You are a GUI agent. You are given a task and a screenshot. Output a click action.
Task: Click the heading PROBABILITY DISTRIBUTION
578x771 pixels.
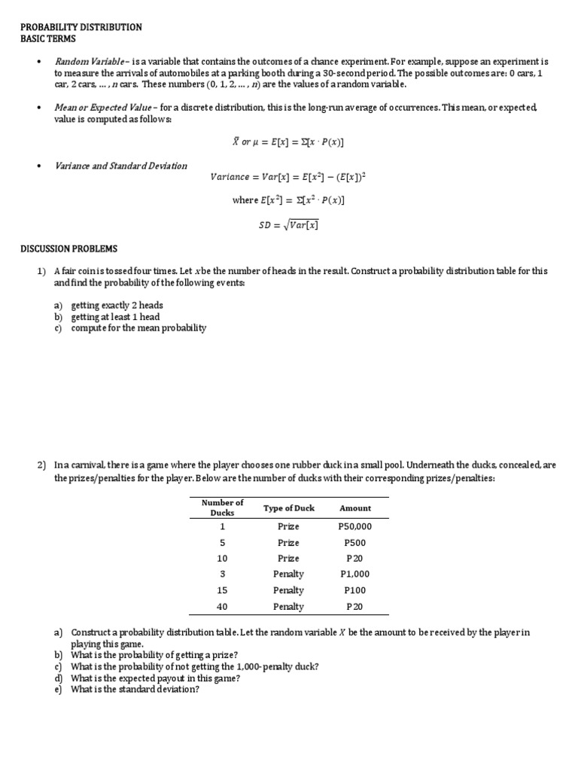pos(81,26)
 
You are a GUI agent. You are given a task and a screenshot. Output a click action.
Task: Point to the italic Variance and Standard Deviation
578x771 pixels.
pos(121,166)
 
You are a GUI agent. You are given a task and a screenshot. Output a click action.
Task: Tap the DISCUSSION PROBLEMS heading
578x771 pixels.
pos(68,249)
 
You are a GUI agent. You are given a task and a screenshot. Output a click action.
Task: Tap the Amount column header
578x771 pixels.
pos(355,508)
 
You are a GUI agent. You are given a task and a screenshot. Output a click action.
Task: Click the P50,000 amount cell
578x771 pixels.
pos(355,527)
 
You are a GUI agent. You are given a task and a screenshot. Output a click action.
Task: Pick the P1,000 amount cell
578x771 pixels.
pos(355,574)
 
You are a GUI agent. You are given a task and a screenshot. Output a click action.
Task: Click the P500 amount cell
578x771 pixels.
pos(354,543)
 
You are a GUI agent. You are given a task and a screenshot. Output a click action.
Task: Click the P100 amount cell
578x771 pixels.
pos(354,590)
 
